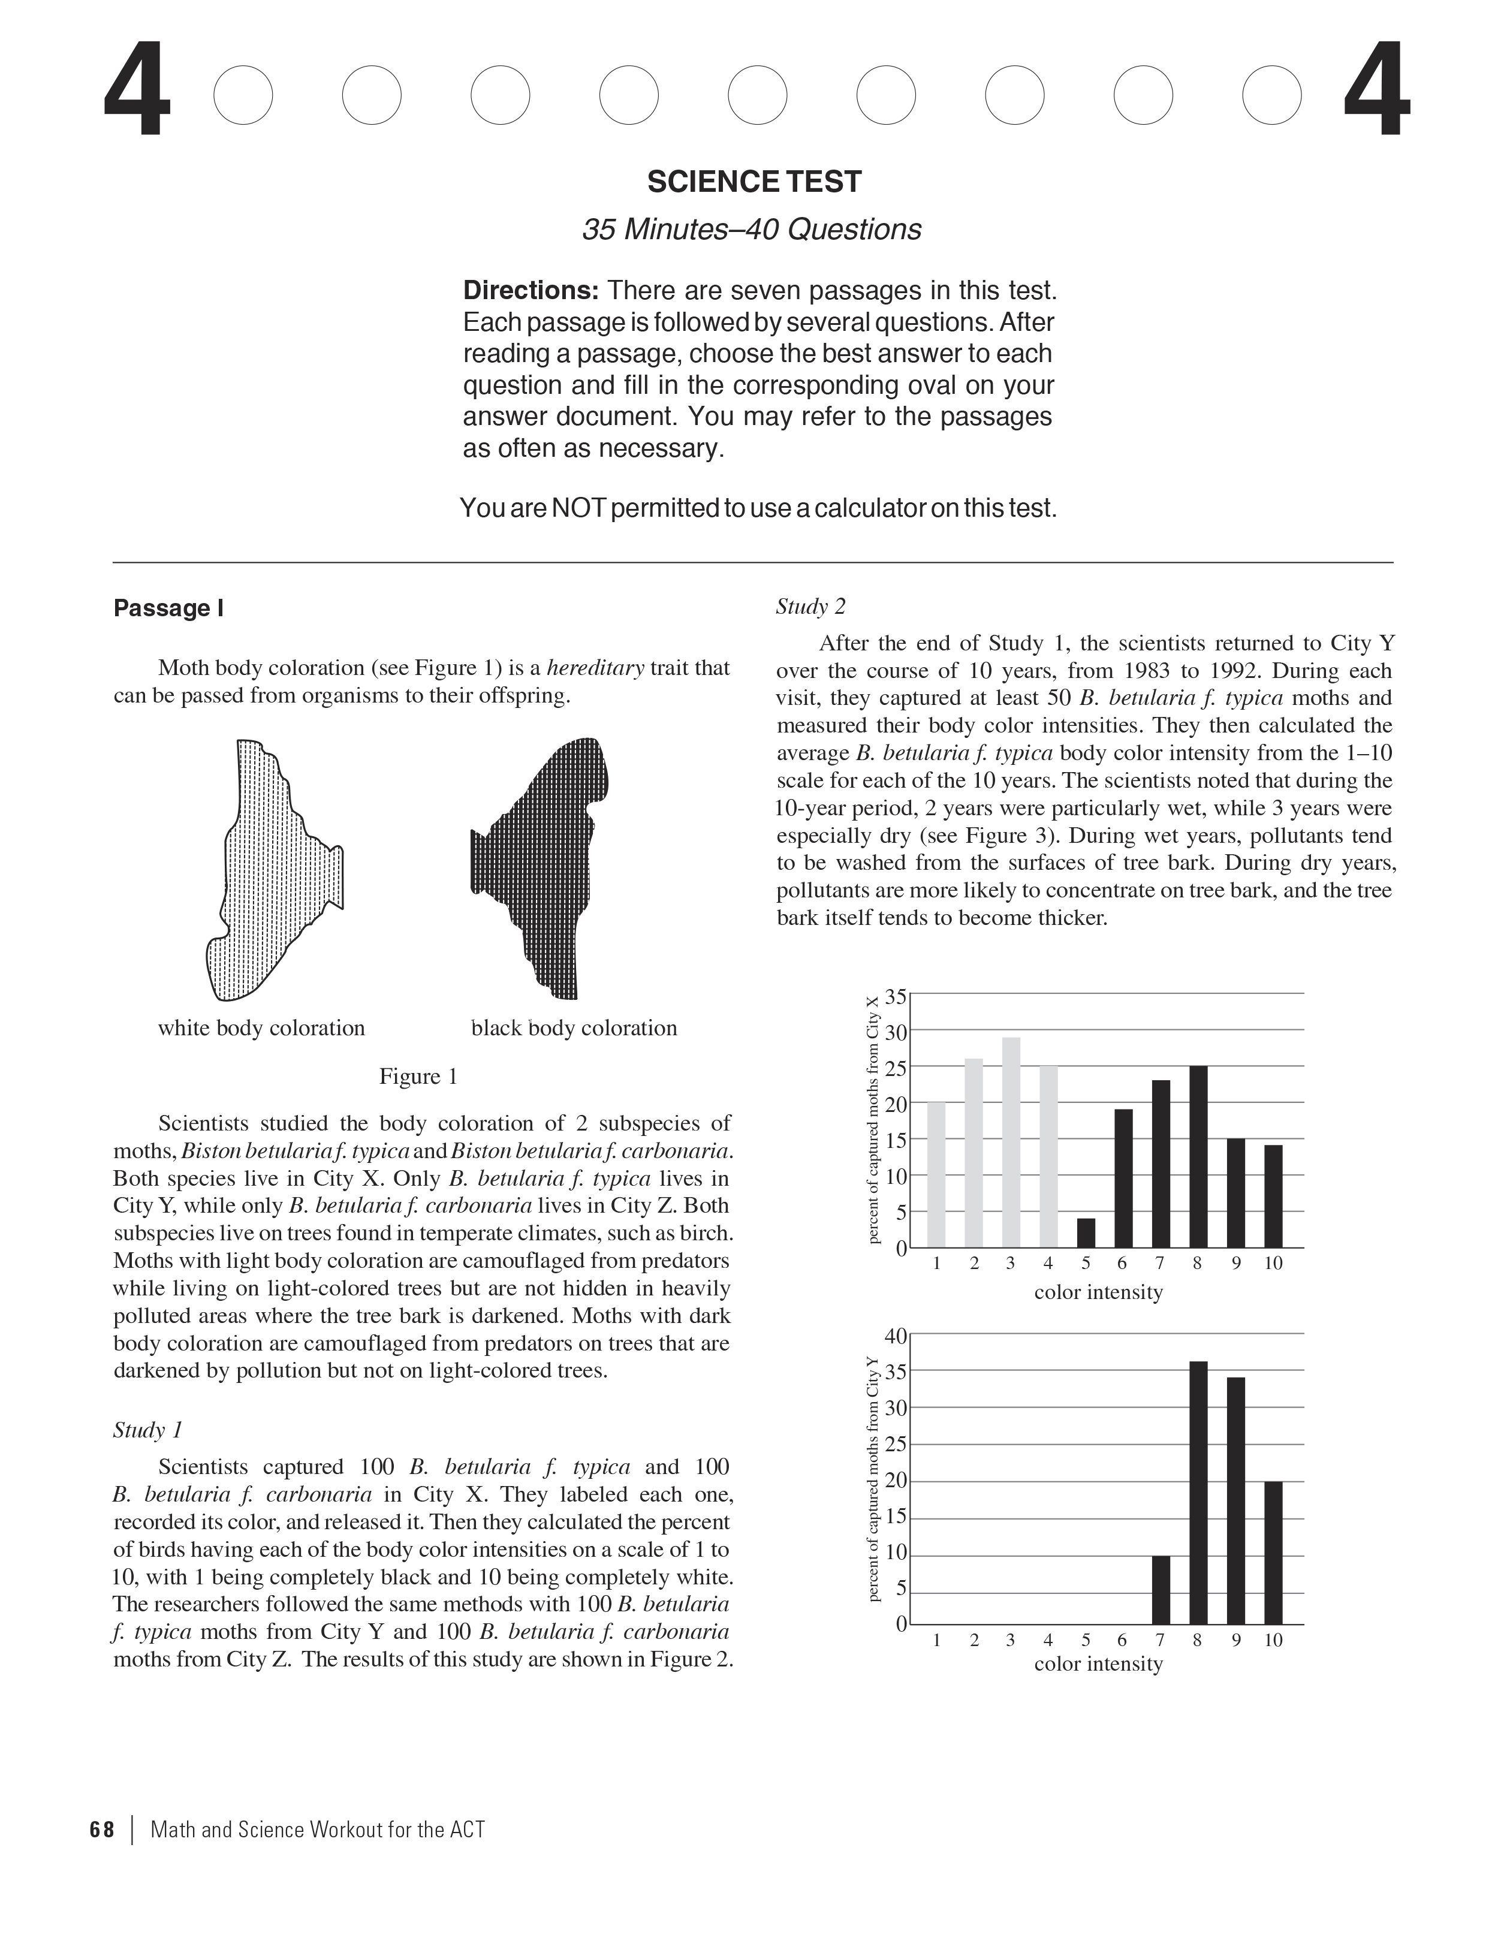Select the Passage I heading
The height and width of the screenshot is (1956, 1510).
click(x=168, y=609)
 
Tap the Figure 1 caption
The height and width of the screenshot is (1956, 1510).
click(x=418, y=1077)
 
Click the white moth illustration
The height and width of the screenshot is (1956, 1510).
click(x=269, y=869)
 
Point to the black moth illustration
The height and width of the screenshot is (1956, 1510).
click(x=542, y=864)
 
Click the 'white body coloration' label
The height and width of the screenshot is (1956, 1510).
click(x=261, y=1028)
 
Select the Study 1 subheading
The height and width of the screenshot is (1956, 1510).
click(x=148, y=1430)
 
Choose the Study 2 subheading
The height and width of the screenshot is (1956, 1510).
click(x=810, y=607)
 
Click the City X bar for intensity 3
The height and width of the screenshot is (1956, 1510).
click(x=1010, y=1142)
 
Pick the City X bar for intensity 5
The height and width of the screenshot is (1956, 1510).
click(x=1086, y=1232)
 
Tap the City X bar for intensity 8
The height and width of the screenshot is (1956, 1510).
click(x=1198, y=1156)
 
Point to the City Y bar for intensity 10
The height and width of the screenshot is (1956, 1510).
click(x=1273, y=1553)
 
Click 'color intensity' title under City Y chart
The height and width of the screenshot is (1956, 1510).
click(x=1098, y=1664)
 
